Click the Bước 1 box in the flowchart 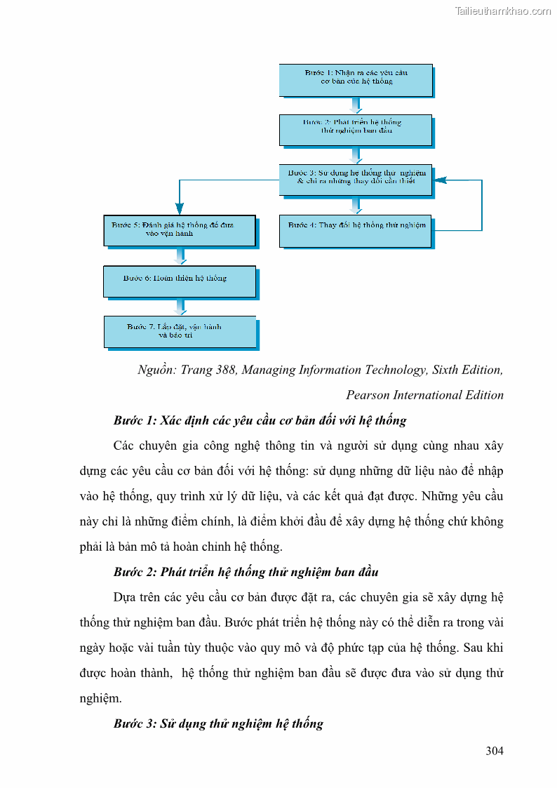[x=356, y=80]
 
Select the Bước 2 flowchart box [x=356, y=130]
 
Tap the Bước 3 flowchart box [x=356, y=180]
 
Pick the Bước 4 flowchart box [x=356, y=230]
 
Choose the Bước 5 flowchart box [x=180, y=230]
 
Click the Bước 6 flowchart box [x=180, y=281]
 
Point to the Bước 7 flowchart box [x=180, y=331]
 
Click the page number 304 [x=495, y=752]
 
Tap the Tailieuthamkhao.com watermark [x=502, y=11]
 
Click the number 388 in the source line [x=226, y=370]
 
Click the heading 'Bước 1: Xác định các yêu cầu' [x=260, y=421]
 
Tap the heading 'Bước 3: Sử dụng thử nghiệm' [x=218, y=723]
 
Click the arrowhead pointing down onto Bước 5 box [x=180, y=208]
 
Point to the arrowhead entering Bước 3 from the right [x=441, y=180]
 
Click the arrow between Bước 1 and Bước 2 [x=356, y=105]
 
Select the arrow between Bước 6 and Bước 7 [x=180, y=306]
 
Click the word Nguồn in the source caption [x=156, y=370]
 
